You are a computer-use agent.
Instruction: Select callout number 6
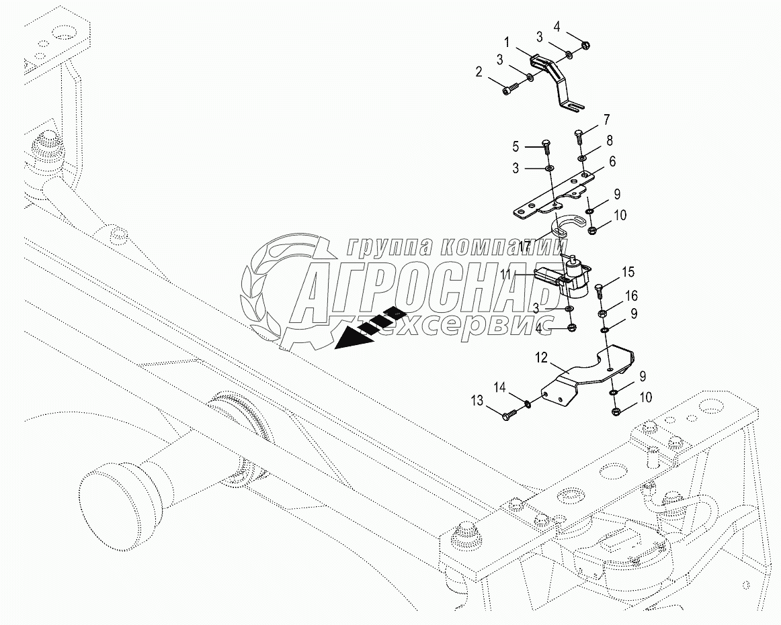click(x=612, y=162)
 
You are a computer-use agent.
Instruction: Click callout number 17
click(x=527, y=246)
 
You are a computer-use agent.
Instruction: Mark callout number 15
click(x=627, y=272)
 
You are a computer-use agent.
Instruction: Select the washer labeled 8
click(x=583, y=158)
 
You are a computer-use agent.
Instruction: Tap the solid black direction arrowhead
click(x=352, y=340)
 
